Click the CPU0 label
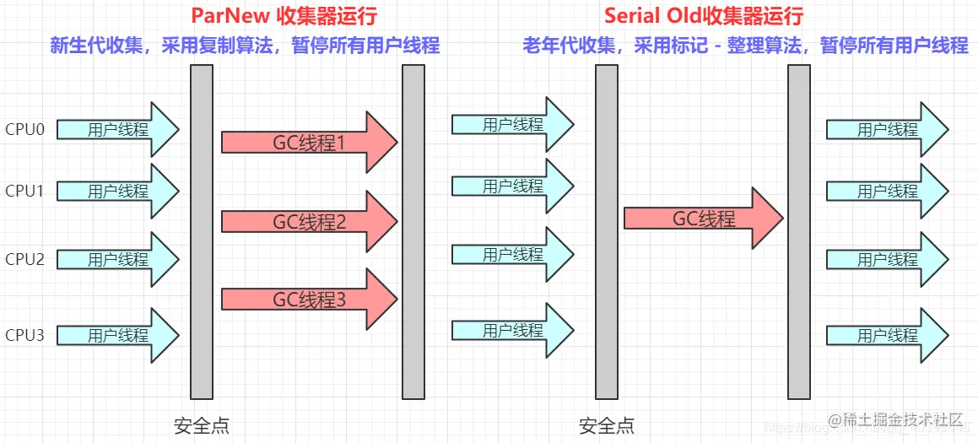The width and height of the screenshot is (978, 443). [24, 130]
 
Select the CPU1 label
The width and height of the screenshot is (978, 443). [24, 191]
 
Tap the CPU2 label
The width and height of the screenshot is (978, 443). [24, 259]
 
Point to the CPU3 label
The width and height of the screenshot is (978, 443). [24, 335]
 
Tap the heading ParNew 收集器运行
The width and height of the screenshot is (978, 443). [284, 16]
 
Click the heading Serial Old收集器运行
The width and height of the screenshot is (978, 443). [703, 16]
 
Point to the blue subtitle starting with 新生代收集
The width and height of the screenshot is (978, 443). [245, 46]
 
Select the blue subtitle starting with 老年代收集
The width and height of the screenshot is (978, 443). [745, 46]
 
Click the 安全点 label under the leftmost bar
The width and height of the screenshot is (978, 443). [202, 425]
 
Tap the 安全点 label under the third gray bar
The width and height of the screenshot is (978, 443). [607, 425]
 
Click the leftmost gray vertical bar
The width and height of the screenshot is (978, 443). [202, 231]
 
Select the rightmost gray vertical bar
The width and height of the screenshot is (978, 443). [798, 231]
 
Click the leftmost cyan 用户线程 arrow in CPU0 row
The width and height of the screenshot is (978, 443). [118, 130]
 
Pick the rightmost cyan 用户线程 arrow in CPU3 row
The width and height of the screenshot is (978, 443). [887, 335]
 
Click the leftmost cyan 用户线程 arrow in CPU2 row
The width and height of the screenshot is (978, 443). [118, 259]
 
